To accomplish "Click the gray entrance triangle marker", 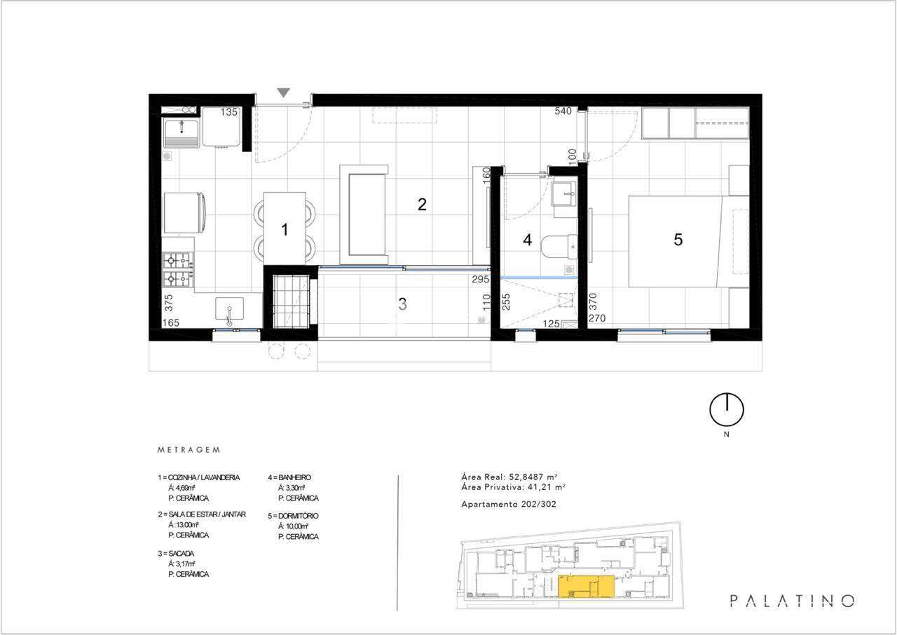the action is coord(284,93).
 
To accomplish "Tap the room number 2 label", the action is coord(422,205).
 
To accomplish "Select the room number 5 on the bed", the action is coord(678,240).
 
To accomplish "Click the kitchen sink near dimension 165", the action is coord(229,308).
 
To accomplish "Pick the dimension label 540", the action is coord(563,111).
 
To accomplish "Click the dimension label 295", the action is coord(480,279).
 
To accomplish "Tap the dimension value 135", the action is coord(229,112).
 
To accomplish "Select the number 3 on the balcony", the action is coord(402,304).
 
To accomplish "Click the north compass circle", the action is coord(727,410).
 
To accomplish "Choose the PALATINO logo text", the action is coord(792,601).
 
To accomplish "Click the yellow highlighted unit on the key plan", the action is coord(587,587).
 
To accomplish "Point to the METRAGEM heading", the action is coord(189,450).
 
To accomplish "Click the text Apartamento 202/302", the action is coord(509,504).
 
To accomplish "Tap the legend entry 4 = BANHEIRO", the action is coord(289,477).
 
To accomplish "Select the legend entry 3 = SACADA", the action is coord(176,553).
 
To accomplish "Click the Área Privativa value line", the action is coord(513,487).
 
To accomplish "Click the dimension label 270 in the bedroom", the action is coord(596,318).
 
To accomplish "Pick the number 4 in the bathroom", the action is coord(528,240).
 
